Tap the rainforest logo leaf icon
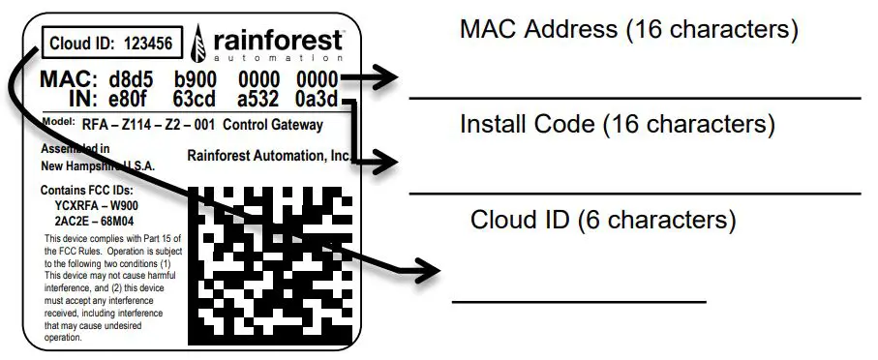pos(198,44)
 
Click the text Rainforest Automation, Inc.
pos(268,155)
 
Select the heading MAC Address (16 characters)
pos(629,30)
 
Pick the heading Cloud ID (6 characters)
pos(603,220)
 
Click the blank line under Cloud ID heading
pos(579,302)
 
